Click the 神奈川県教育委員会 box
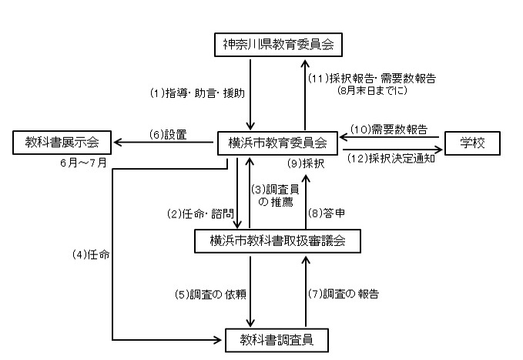(277, 45)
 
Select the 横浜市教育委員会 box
(277, 143)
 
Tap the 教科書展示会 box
(62, 143)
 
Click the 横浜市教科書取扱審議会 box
(277, 241)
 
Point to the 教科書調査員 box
(277, 338)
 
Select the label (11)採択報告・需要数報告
(372, 77)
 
